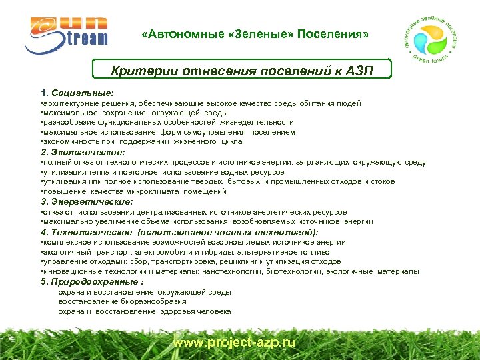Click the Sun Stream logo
[x=66, y=33]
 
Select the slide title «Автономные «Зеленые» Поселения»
[x=255, y=34]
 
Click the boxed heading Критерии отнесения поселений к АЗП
[x=241, y=71]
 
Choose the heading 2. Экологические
[x=83, y=152]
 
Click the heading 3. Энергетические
[x=87, y=201]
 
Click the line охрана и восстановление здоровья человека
[x=145, y=311]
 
